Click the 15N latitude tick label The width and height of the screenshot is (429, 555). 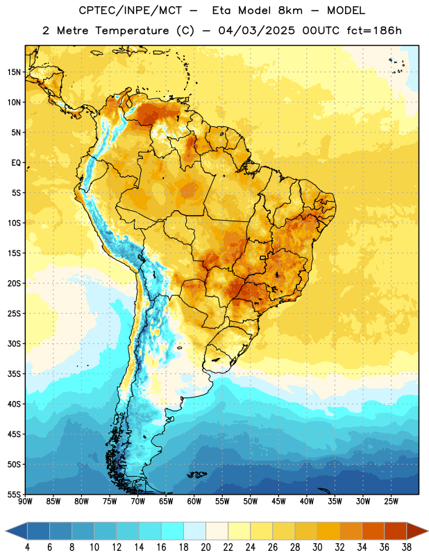click(14, 72)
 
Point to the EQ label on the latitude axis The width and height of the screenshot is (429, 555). click(16, 163)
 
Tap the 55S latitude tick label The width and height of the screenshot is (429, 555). click(14, 494)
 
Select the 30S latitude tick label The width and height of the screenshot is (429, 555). click(14, 343)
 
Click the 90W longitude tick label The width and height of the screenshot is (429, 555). click(26, 501)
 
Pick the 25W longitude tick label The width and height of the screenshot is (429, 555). click(391, 501)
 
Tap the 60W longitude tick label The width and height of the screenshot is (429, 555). click(194, 501)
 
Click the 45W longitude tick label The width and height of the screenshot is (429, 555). click(278, 501)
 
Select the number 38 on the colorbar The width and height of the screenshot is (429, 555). click(407, 547)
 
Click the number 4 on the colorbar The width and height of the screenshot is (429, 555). click(27, 547)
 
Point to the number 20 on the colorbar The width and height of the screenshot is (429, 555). click(205, 547)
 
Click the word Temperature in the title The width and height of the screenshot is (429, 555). click(132, 31)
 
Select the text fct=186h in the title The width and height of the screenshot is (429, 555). click(374, 31)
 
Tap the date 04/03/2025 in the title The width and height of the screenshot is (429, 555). click(256, 31)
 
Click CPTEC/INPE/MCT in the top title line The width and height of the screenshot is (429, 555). click(130, 10)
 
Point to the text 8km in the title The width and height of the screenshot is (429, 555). click(290, 10)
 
